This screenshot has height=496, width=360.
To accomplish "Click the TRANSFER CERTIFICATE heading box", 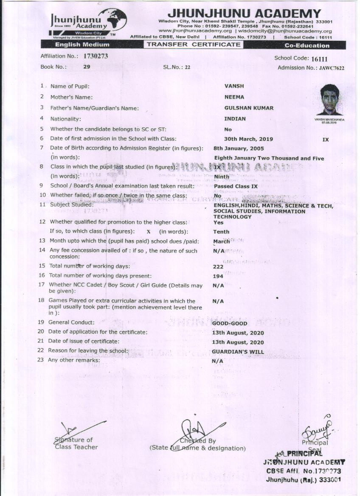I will click(194, 44).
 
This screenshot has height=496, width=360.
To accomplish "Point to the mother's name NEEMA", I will click(234, 97).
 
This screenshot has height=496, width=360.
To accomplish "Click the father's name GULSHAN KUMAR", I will click(249, 108).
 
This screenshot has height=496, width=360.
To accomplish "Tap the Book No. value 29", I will click(87, 67).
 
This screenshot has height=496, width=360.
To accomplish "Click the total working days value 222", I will click(218, 267).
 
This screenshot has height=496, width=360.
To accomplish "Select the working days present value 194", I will click(218, 276).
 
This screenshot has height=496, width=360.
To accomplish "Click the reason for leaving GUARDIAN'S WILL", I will click(238, 352).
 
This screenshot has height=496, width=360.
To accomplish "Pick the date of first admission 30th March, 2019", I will click(248, 139).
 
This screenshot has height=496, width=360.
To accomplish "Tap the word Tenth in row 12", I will click(221, 232).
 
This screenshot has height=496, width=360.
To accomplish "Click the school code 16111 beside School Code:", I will click(319, 59).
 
